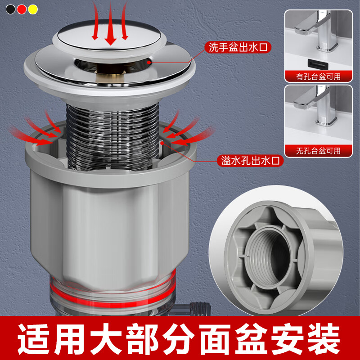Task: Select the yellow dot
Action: pyautogui.click(x=33, y=9)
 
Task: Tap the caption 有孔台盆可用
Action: pyautogui.click(x=318, y=76)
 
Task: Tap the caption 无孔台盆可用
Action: pyautogui.click(x=318, y=150)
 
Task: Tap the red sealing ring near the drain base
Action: pyautogui.click(x=112, y=288)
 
